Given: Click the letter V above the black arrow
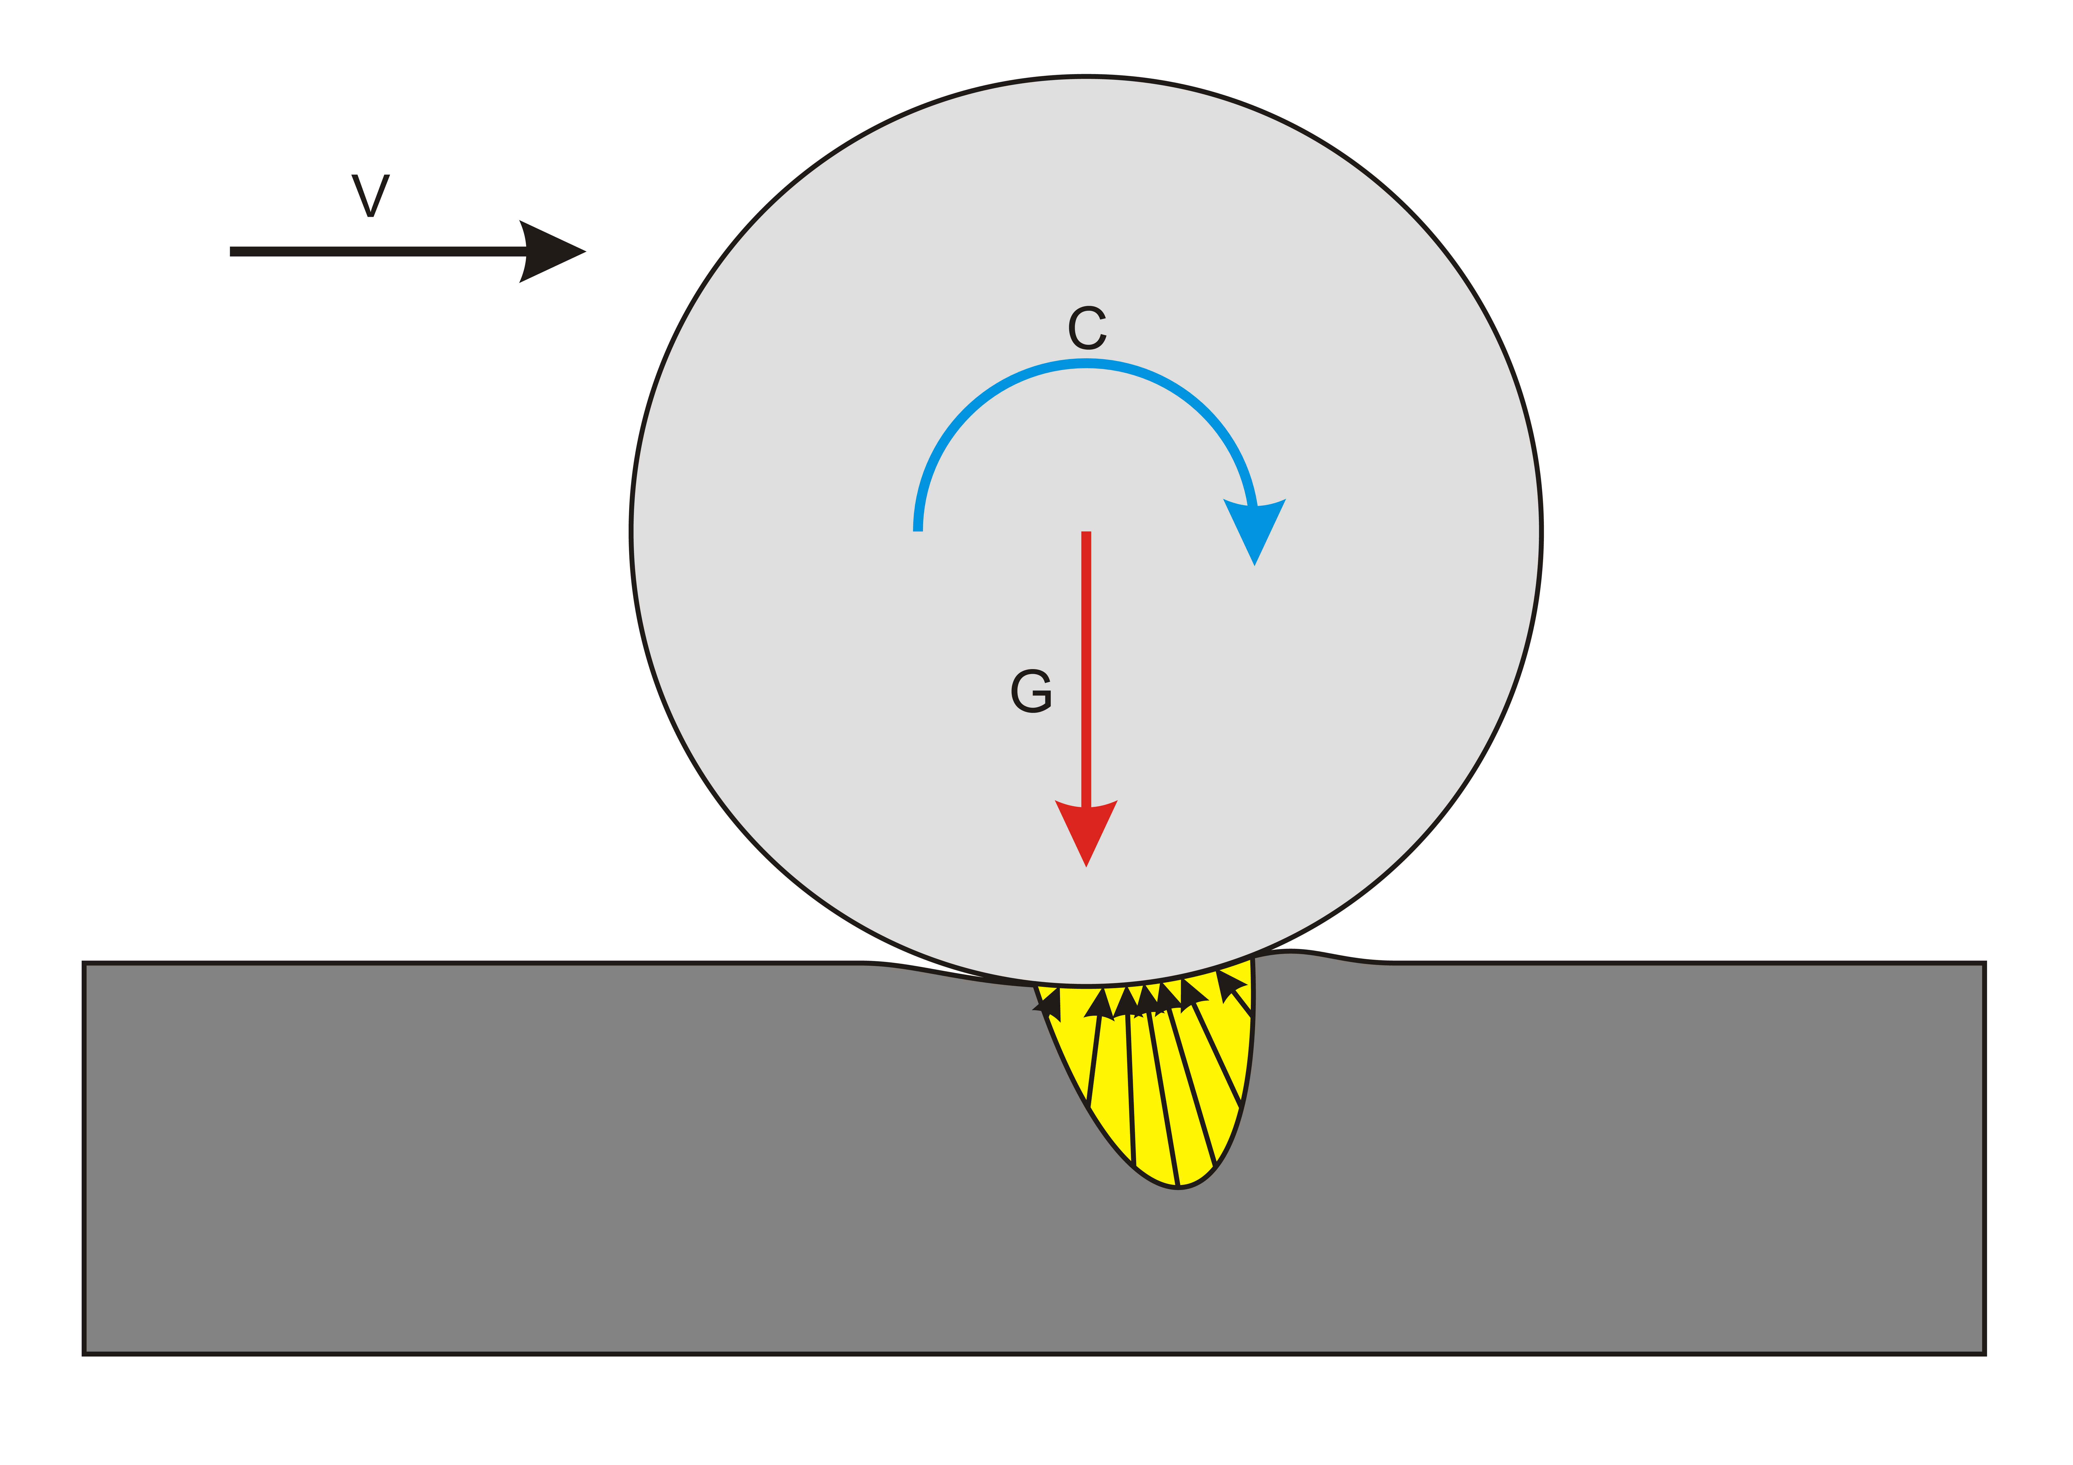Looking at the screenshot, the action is click(x=370, y=195).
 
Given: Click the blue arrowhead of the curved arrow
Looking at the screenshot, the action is click(x=1254, y=528).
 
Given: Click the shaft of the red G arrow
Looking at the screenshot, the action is click(x=1086, y=668).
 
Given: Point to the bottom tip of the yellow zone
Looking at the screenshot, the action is click(x=1178, y=1188).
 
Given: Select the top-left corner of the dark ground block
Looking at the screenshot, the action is click(x=84, y=963).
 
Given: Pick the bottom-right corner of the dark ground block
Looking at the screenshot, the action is click(x=1984, y=1354).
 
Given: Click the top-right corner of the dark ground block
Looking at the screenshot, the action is click(x=1984, y=963).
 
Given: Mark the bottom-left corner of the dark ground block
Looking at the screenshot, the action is click(x=84, y=1354).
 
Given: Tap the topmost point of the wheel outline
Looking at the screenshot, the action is click(x=1086, y=77).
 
